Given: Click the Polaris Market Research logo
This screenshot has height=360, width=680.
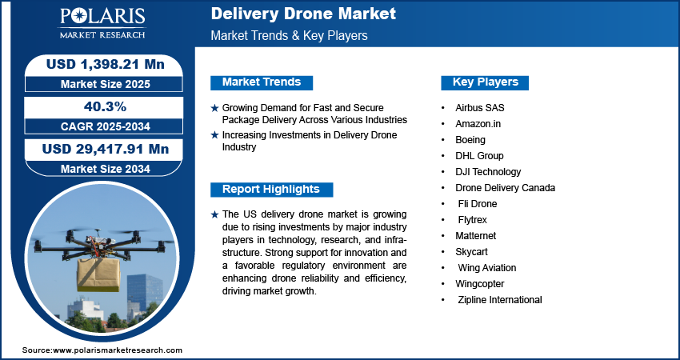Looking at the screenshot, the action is pos(102,22).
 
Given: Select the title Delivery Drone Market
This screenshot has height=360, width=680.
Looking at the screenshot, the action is pos(303,14).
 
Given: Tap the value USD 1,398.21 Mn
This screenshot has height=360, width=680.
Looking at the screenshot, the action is pos(106,64).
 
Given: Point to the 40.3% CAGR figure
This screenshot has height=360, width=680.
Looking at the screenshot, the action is pos(105,106).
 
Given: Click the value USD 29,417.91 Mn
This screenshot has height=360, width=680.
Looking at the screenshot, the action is pos(106,149).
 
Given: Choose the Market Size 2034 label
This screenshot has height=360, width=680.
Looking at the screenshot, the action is pos(106,169).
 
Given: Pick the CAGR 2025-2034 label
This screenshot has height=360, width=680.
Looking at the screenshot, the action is pos(106,126).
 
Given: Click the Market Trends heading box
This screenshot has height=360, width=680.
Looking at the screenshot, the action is pos(262,82).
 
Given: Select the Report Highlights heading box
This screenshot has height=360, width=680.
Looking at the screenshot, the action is pos(271,190).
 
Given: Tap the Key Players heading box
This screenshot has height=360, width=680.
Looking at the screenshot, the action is pos(485,82).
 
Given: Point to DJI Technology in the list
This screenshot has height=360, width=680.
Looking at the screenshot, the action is pos(488,172).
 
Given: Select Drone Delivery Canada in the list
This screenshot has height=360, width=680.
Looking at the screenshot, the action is pos(506,188).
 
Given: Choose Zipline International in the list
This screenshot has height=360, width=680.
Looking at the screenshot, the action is pos(500,300).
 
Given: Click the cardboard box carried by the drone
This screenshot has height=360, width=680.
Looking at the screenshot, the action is pos(98,274).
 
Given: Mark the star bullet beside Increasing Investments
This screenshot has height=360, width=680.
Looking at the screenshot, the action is pos(214,135).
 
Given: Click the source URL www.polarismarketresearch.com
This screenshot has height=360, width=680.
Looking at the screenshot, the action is pos(118,350).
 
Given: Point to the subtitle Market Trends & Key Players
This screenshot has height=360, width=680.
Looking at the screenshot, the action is pos(290,35).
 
